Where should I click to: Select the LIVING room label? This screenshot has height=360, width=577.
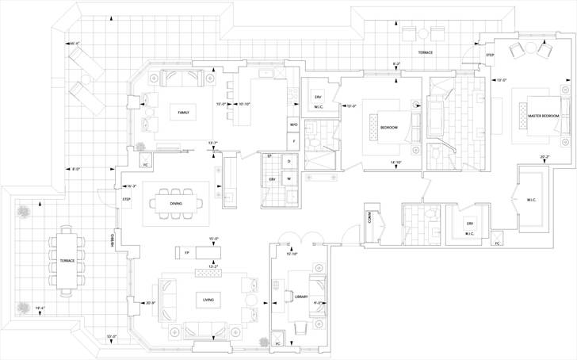(x=208, y=299)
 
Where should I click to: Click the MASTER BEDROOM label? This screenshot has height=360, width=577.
(x=544, y=117)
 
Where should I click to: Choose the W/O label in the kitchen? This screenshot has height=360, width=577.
(x=293, y=124)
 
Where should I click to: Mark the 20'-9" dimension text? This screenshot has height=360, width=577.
(x=151, y=302)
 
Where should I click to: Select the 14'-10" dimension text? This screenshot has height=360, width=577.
(x=396, y=163)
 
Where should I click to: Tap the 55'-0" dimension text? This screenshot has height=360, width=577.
(x=112, y=337)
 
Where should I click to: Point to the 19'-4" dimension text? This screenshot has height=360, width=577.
(x=40, y=308)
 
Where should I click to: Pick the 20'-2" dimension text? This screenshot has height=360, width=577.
(x=545, y=157)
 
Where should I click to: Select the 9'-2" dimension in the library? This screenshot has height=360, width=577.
(x=317, y=302)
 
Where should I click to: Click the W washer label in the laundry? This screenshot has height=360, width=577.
(x=288, y=179)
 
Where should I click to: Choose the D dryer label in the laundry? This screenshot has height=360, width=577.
(x=288, y=162)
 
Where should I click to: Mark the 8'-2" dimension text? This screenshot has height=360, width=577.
(x=396, y=63)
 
